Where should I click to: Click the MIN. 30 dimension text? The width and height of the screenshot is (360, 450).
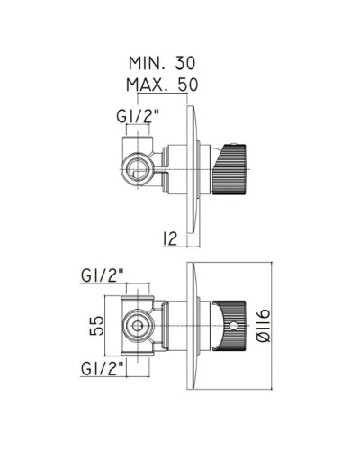click(x=162, y=63)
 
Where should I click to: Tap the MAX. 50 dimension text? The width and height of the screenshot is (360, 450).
click(x=162, y=85)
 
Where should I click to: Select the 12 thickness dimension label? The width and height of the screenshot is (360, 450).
click(x=170, y=238)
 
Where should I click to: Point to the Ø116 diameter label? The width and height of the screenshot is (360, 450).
click(x=264, y=326)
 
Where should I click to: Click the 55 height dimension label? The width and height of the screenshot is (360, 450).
click(x=97, y=326)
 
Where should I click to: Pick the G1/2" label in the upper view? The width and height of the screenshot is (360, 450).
click(x=138, y=116)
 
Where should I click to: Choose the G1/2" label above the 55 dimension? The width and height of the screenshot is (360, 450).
click(x=103, y=275)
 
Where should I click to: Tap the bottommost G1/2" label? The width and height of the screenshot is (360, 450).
click(x=103, y=368)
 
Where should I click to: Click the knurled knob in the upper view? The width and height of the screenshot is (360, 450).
click(x=229, y=169)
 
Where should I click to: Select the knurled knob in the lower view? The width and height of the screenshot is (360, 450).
click(x=232, y=326)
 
